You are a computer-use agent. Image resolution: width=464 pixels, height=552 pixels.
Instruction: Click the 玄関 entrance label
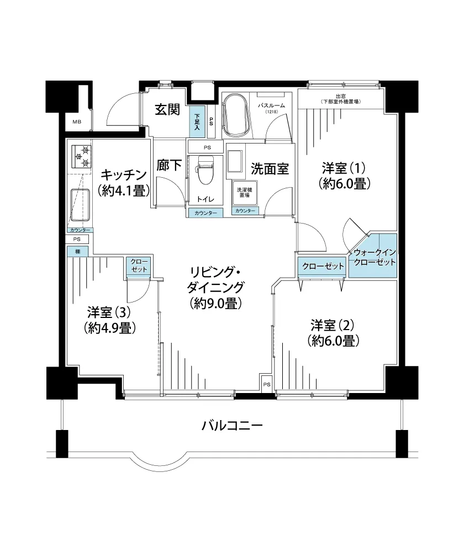[167, 110]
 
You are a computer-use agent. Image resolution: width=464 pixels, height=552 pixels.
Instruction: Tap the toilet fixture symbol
[206, 170]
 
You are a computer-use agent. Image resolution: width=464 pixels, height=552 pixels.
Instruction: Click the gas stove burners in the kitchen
[82, 157]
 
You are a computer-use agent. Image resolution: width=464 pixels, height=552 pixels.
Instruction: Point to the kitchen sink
[80, 205]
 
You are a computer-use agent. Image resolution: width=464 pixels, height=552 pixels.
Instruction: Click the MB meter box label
[77, 122]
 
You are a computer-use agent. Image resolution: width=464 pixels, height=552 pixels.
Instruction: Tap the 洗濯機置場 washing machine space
[245, 193]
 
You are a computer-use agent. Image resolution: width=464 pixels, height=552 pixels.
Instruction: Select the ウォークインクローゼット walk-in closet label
[375, 257]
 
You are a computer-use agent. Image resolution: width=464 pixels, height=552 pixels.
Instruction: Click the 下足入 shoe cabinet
[197, 122]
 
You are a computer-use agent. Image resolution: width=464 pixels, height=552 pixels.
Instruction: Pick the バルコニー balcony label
[232, 426]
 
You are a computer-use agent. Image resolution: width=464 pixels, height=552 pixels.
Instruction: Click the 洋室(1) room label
[344, 168]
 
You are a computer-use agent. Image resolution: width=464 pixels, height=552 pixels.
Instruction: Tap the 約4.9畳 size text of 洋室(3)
[110, 328]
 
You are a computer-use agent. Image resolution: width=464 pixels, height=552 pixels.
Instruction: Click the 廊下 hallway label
[169, 165]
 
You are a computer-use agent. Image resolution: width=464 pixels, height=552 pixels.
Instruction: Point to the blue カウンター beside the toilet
[205, 213]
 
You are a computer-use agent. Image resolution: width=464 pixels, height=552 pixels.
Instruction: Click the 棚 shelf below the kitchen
[77, 252]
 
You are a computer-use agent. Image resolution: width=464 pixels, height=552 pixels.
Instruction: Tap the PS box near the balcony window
[267, 384]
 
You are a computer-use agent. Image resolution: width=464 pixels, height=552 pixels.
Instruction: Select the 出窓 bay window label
[341, 99]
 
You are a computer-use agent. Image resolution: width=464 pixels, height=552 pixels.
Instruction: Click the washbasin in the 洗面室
[234, 161]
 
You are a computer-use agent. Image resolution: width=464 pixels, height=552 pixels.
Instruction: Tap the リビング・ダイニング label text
[215, 280]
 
